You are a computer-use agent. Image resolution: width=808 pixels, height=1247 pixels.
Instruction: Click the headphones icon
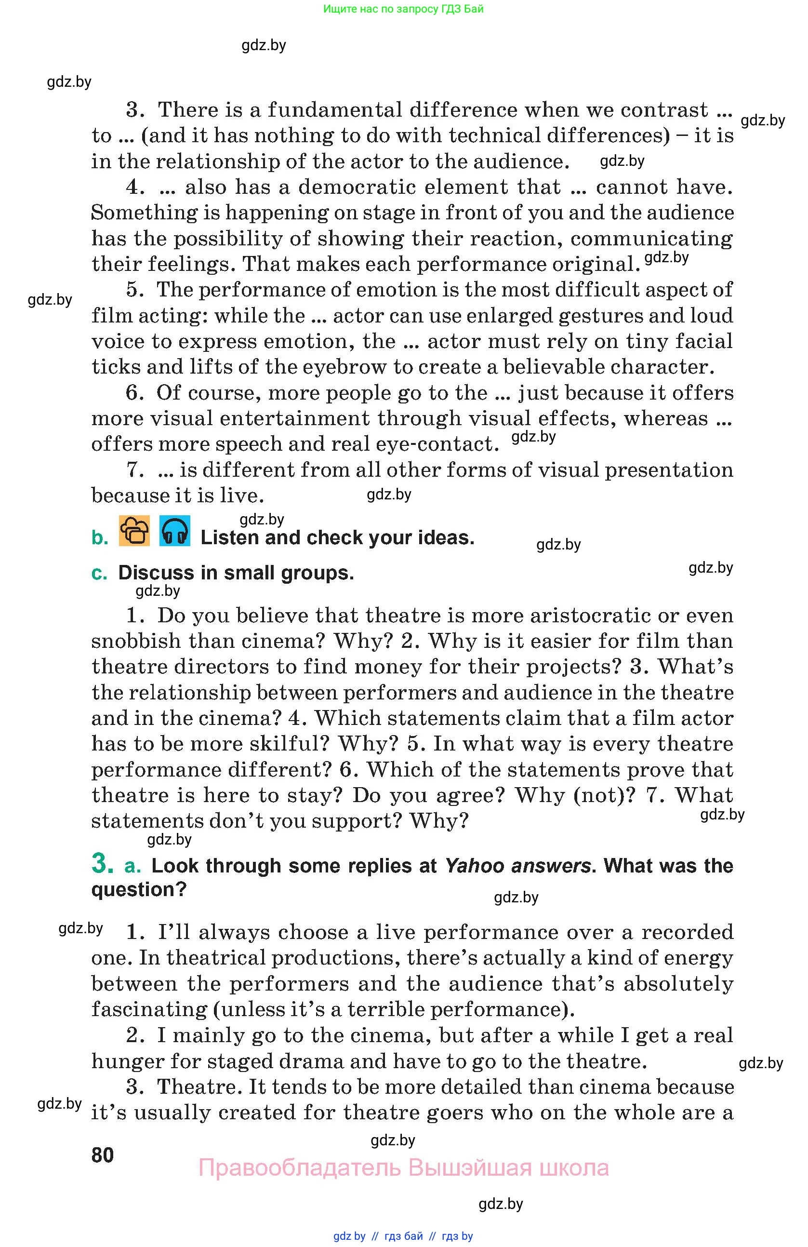click(x=174, y=531)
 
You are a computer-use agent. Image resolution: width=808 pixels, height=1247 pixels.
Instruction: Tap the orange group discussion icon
click(x=134, y=531)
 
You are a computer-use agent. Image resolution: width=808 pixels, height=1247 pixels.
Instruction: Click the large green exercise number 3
click(x=102, y=863)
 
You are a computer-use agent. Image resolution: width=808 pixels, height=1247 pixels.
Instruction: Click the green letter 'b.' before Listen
click(x=100, y=537)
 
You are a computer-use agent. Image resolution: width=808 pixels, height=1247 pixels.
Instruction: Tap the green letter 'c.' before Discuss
click(x=99, y=573)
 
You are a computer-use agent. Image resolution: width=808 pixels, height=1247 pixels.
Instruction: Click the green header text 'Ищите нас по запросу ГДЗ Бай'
click(x=403, y=9)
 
